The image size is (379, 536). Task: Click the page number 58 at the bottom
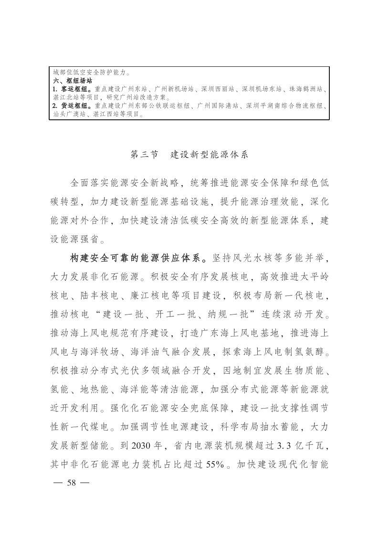[72, 482]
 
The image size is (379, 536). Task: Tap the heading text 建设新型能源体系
[210, 155]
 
